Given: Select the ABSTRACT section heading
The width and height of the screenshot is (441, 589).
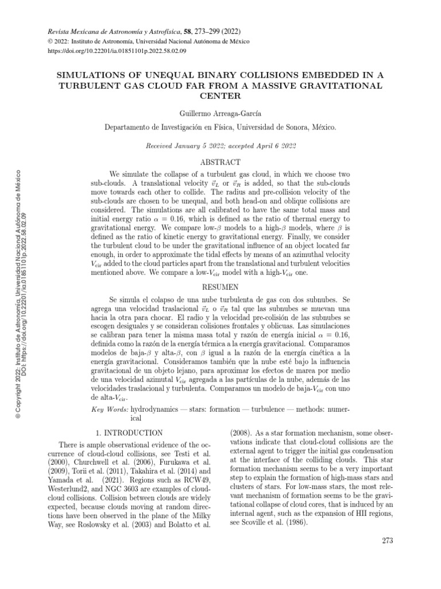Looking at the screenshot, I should (220, 163).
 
